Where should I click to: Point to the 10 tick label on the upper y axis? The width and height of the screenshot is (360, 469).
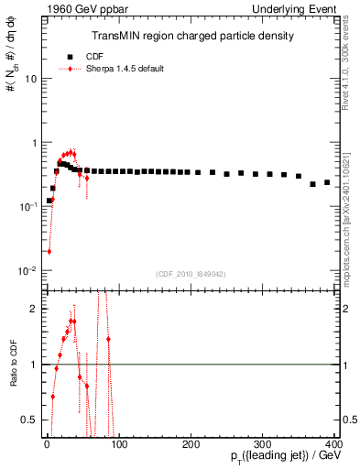pos(30,79)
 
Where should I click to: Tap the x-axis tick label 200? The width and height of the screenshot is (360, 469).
pos(191,443)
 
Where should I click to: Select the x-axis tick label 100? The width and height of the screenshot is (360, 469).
pos(119,443)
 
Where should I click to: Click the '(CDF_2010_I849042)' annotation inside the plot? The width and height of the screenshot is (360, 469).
pos(191,273)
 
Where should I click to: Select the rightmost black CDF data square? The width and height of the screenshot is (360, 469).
pos(327,182)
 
